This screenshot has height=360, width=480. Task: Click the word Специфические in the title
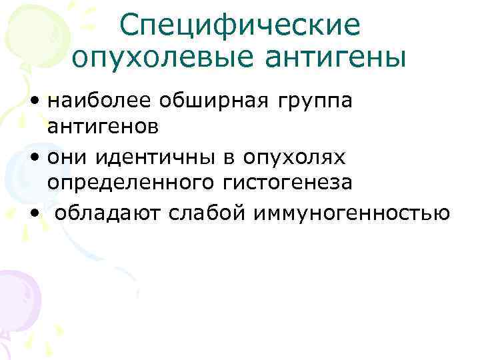[x=240, y=25]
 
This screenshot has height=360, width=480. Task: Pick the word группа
[x=313, y=102]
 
